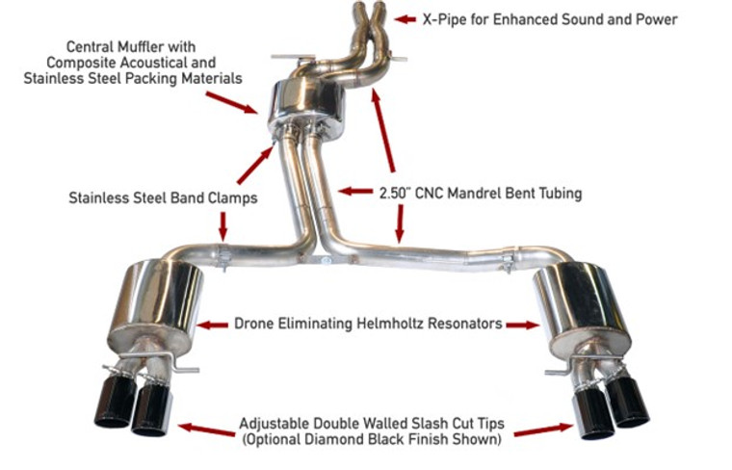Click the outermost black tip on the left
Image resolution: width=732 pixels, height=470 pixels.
point(114,403)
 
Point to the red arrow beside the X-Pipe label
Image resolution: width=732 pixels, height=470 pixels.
point(405,18)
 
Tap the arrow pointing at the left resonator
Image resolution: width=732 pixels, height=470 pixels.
point(213,325)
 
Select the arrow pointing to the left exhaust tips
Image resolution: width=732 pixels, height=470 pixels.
point(206,430)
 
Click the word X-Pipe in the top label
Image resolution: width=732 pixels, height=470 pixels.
point(446,19)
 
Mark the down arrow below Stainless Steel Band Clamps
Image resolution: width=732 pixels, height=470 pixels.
point(222,225)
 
